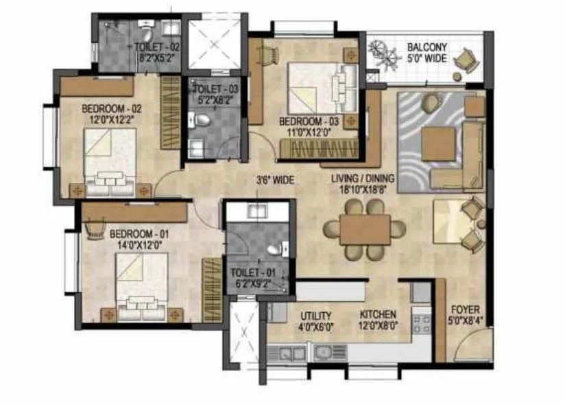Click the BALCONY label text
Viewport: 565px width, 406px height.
[426, 47]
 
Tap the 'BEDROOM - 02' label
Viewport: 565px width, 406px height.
[111, 108]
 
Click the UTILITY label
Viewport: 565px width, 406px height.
[315, 316]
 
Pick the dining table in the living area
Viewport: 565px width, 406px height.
[364, 230]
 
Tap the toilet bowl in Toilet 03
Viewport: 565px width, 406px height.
[201, 121]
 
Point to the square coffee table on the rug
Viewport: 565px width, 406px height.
[438, 144]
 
